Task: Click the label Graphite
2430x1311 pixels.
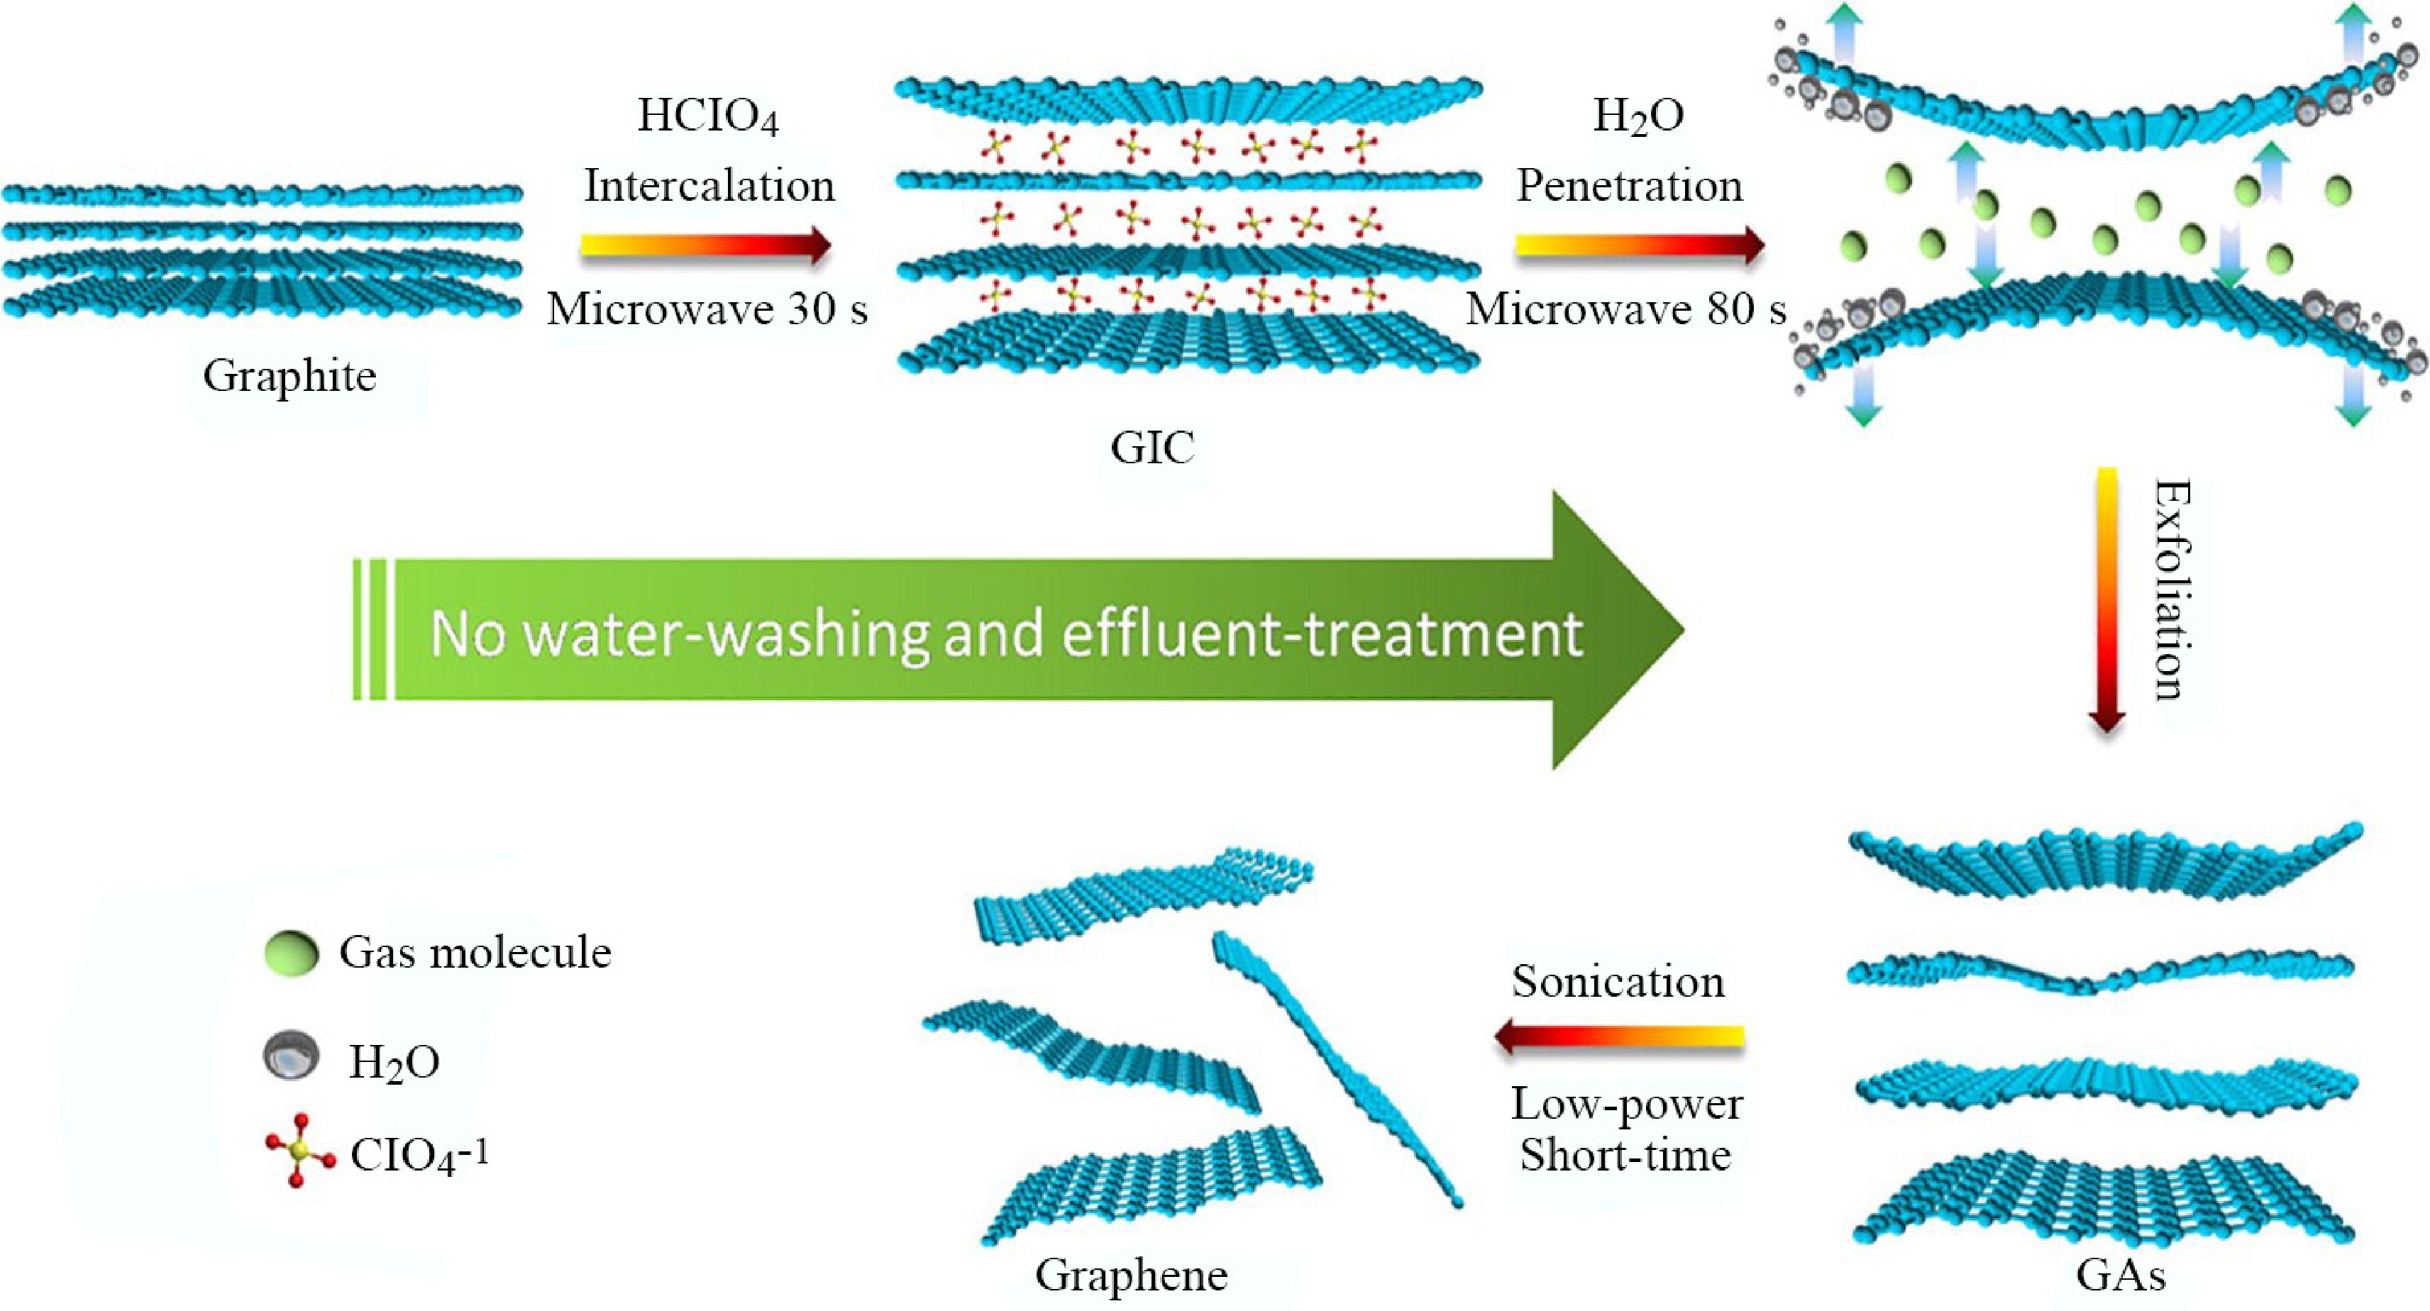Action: point(289,376)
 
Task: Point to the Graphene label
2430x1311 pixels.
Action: point(1131,1275)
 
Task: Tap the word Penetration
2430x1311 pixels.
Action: point(1629,186)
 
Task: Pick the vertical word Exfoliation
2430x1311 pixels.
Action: point(2172,592)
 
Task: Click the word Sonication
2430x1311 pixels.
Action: point(1618,982)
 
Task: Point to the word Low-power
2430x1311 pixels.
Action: point(1626,1105)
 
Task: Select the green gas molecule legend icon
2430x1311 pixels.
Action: point(292,953)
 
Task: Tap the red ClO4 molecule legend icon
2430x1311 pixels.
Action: point(299,1150)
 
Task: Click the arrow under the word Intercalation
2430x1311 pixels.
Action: point(705,246)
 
